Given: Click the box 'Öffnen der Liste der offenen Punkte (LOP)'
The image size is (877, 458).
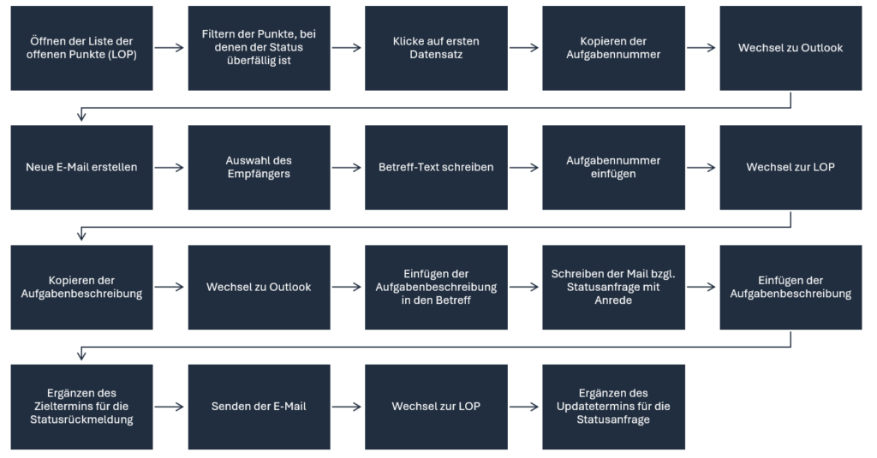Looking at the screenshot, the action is pos(81,48).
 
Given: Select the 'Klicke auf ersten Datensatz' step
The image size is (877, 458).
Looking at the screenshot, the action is pos(436,48).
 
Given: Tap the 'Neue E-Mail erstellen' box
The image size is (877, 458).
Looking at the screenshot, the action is pos(81,167).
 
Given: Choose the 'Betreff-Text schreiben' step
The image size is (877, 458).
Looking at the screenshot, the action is pos(436,167).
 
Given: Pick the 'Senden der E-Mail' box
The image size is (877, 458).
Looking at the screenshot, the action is pos(259,407).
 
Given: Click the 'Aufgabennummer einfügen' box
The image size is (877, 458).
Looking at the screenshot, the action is pos(613,167).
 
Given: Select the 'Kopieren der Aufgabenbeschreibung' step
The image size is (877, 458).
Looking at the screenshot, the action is pos(81,287).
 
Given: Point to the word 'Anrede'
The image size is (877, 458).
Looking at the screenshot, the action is pos(613,300).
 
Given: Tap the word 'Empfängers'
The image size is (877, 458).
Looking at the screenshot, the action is pos(259,174).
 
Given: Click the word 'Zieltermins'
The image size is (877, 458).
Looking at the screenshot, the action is pos(67,407).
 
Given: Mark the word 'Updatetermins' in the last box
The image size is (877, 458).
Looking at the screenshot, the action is pos(594,407).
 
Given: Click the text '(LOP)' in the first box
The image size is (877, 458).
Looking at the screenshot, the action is pos(123,55).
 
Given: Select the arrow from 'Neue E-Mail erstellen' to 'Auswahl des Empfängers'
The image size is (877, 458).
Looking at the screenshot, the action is pos(170,167).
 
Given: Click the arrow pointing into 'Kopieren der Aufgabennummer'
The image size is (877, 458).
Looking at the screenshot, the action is pos(524,48).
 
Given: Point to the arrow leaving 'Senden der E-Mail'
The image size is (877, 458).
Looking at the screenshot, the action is pos(347,407).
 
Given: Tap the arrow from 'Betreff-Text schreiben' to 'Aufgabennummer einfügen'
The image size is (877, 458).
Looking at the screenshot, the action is pos(524,167).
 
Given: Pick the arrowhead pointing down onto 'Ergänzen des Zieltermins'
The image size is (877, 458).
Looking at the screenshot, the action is pos(81,355).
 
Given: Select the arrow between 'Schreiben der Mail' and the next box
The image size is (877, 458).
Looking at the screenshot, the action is pos(701,287).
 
